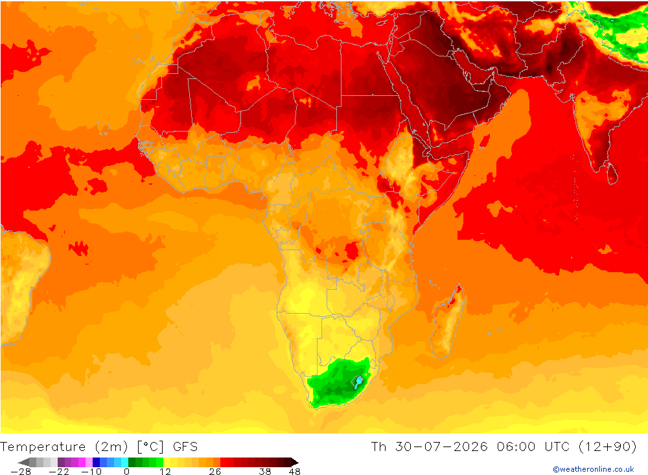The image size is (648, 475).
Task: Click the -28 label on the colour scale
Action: pyautogui.click(x=21, y=471)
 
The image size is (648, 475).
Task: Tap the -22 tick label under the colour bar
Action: pyautogui.click(x=59, y=471)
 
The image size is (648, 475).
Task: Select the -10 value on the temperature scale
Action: pyautogui.click(x=91, y=471)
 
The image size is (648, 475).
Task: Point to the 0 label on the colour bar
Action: pyautogui.click(x=126, y=471)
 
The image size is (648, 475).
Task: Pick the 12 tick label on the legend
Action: pyautogui.click(x=165, y=471)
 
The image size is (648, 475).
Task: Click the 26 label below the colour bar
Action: pyautogui.click(x=215, y=471)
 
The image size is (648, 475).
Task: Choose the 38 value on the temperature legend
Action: pyautogui.click(x=265, y=471)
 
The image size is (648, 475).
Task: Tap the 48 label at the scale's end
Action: pyautogui.click(x=294, y=471)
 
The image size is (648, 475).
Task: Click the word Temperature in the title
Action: pyautogui.click(x=43, y=447)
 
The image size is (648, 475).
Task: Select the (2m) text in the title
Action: pyautogui.click(x=111, y=447)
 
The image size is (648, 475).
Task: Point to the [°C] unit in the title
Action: pyautogui.click(x=150, y=447)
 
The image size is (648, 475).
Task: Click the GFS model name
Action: pyautogui.click(x=185, y=447)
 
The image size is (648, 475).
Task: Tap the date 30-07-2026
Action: pyautogui.click(x=441, y=447)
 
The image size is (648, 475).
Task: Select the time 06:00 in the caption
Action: pyautogui.click(x=516, y=447)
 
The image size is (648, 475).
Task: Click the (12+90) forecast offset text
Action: pyautogui.click(x=608, y=447)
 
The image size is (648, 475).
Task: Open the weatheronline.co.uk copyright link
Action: pyautogui.click(x=594, y=469)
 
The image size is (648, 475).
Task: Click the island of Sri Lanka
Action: pyautogui.click(x=612, y=173)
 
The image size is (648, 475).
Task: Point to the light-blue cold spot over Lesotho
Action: pyautogui.click(x=359, y=381)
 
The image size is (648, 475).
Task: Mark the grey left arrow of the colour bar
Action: pyautogui.click(x=23, y=462)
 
